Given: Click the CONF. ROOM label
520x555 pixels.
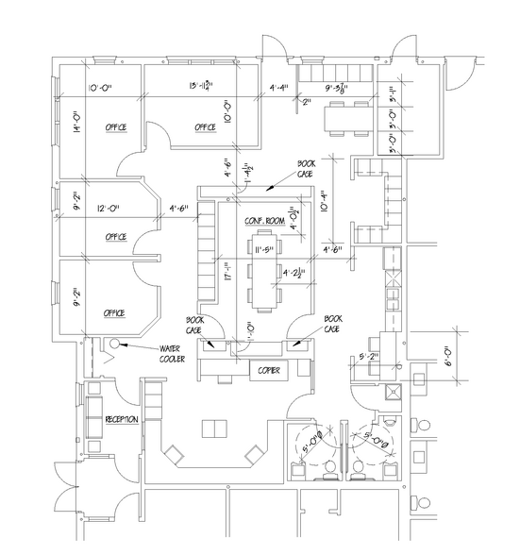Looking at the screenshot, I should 263,221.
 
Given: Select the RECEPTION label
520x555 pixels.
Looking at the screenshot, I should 123,418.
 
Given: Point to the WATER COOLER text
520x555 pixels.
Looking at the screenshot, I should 172,354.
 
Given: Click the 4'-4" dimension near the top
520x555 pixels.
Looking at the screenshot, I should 281,89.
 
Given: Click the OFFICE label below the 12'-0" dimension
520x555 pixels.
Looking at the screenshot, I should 116,237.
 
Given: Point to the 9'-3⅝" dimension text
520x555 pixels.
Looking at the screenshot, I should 337,89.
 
